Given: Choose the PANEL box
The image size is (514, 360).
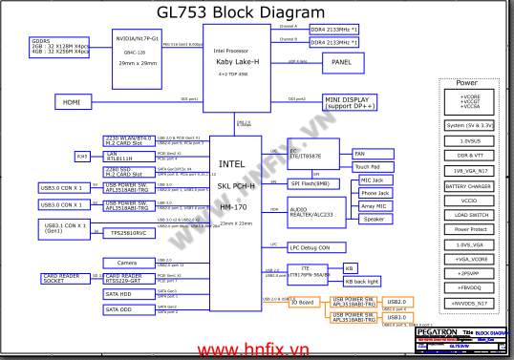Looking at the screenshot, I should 342,62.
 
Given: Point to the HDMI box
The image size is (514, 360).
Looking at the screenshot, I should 72,100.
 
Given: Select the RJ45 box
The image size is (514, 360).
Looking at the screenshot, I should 82,156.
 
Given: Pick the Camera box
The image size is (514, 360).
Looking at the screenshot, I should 127,263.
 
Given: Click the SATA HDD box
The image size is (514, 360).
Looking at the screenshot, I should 127,293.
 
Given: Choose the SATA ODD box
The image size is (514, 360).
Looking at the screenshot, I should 127,309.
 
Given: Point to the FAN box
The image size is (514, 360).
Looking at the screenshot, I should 359,154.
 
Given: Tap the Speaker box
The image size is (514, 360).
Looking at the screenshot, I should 373,219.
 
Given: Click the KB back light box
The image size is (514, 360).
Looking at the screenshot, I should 360,282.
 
